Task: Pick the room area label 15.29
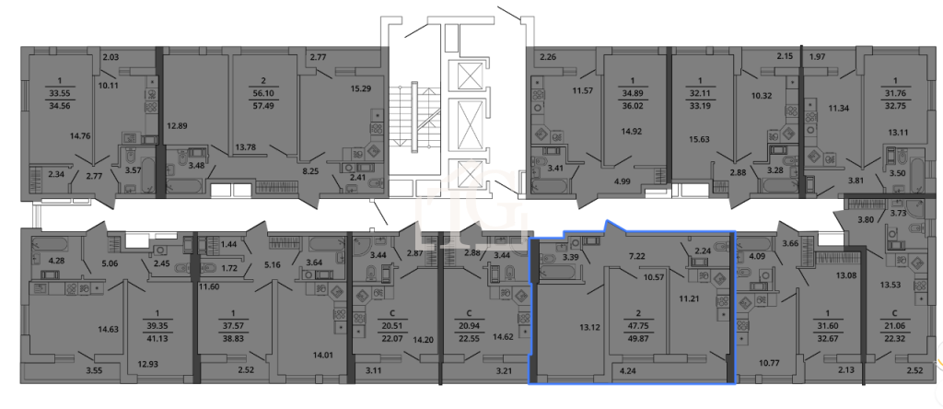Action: [x=361, y=89]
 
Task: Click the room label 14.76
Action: [x=80, y=136]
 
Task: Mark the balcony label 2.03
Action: [x=111, y=58]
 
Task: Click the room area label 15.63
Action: [x=699, y=139]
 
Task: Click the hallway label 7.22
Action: [x=636, y=257]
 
